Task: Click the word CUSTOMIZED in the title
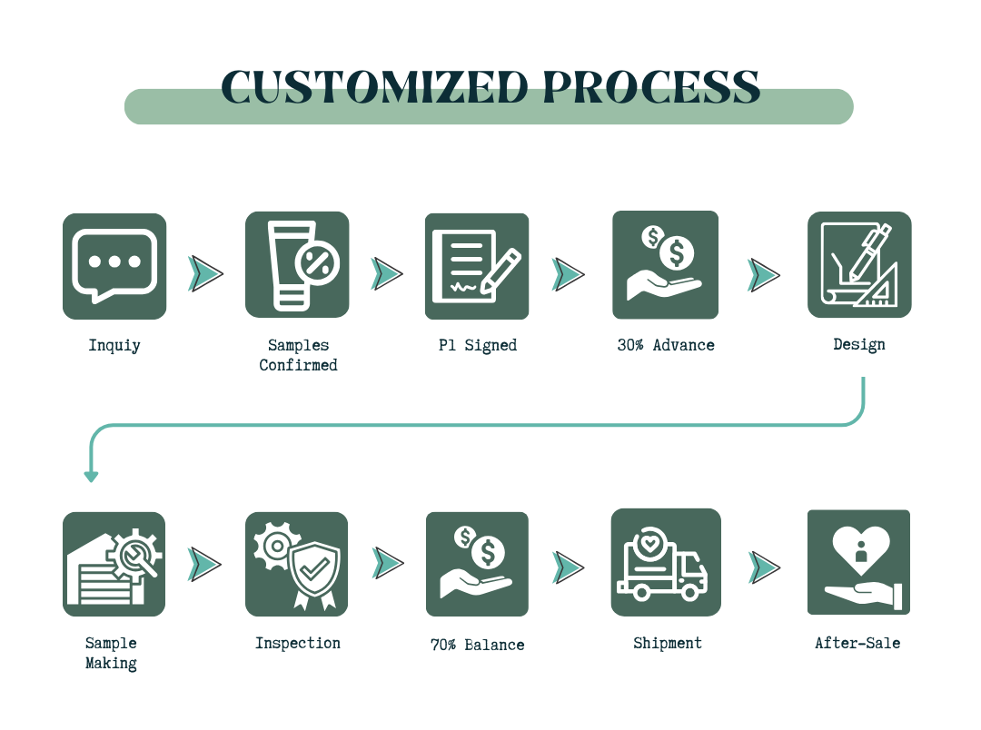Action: tap(375, 86)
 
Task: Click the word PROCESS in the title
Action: tap(651, 86)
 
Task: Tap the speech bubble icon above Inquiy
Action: tap(114, 266)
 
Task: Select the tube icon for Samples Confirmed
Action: tap(297, 264)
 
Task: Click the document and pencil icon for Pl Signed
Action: tap(477, 266)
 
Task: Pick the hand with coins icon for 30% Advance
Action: tap(665, 264)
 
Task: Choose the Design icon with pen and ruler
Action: tap(859, 264)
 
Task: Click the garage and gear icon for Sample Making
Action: tap(114, 564)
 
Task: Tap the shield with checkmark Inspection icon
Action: tap(296, 564)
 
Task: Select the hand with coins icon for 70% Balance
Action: tap(477, 564)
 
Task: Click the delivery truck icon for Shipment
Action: tap(666, 562)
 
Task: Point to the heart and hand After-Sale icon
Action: tap(858, 562)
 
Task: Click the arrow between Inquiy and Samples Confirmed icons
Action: tap(205, 273)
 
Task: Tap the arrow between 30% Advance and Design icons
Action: tap(763, 275)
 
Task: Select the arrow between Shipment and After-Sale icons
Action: tap(764, 567)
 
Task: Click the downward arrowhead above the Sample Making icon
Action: tap(92, 477)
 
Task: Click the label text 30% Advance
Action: tap(666, 345)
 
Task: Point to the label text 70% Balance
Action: tap(478, 645)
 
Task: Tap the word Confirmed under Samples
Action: tap(299, 365)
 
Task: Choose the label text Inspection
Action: tap(298, 644)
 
